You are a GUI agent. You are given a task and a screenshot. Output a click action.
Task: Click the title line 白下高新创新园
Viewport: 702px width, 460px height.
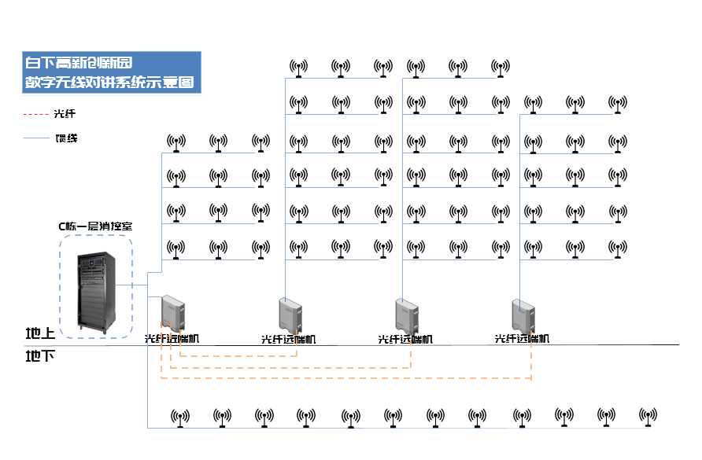(x=79, y=62)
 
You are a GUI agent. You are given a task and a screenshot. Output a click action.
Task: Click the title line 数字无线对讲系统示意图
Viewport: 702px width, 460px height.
(x=109, y=82)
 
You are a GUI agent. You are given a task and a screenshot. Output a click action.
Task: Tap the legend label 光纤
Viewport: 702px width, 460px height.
(x=65, y=114)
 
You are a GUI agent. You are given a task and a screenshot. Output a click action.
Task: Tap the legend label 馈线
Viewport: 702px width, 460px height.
(x=66, y=138)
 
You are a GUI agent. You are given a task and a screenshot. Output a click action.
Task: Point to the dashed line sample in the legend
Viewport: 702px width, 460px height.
(x=35, y=114)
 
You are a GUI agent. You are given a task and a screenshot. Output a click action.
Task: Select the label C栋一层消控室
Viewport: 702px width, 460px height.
(x=95, y=226)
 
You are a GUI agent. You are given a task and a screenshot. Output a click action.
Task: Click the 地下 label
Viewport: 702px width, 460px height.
(x=40, y=356)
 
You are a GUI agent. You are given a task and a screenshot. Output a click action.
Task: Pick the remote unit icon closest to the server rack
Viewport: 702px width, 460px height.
(x=173, y=312)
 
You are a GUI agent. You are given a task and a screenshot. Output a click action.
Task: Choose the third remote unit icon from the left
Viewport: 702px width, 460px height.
(x=407, y=315)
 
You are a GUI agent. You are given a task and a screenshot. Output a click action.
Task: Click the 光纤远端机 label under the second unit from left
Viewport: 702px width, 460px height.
(x=288, y=340)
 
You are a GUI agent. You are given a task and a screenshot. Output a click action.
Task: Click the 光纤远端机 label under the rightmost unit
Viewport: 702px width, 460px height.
(x=522, y=339)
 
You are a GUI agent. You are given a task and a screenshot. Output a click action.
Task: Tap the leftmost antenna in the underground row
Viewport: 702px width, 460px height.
(x=180, y=417)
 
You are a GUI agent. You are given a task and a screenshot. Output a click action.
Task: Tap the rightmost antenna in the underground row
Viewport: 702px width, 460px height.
(x=648, y=417)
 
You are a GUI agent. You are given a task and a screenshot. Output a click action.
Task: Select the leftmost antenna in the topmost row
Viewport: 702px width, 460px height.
(x=298, y=68)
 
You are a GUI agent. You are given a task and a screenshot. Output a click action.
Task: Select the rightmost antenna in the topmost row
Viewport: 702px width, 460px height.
(x=500, y=68)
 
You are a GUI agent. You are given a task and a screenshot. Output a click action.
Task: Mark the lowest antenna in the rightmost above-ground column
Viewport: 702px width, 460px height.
(x=618, y=248)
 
